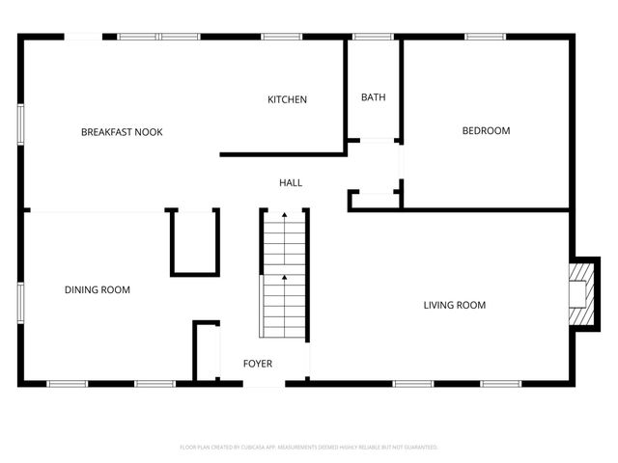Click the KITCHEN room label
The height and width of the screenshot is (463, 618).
[287, 99]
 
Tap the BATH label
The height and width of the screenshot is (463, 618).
[373, 97]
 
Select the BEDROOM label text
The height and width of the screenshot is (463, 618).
[486, 131]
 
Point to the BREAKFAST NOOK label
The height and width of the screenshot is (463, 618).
[122, 132]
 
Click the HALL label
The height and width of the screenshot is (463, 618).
[290, 182]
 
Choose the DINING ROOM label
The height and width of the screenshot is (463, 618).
[98, 289]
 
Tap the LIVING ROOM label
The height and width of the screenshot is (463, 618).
[454, 306]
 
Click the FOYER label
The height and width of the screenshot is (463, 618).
[258, 364]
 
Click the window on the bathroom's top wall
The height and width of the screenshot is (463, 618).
[373, 37]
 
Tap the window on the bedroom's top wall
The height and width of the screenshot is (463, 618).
[486, 37]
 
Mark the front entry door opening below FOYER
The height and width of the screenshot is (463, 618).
[265, 383]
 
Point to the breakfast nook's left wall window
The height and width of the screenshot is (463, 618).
[21, 124]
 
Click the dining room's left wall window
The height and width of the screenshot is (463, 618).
[21, 299]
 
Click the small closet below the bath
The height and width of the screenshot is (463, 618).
[376, 200]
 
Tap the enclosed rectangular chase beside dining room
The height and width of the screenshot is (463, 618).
[195, 241]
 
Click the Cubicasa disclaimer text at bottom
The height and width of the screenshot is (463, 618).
[309, 448]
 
